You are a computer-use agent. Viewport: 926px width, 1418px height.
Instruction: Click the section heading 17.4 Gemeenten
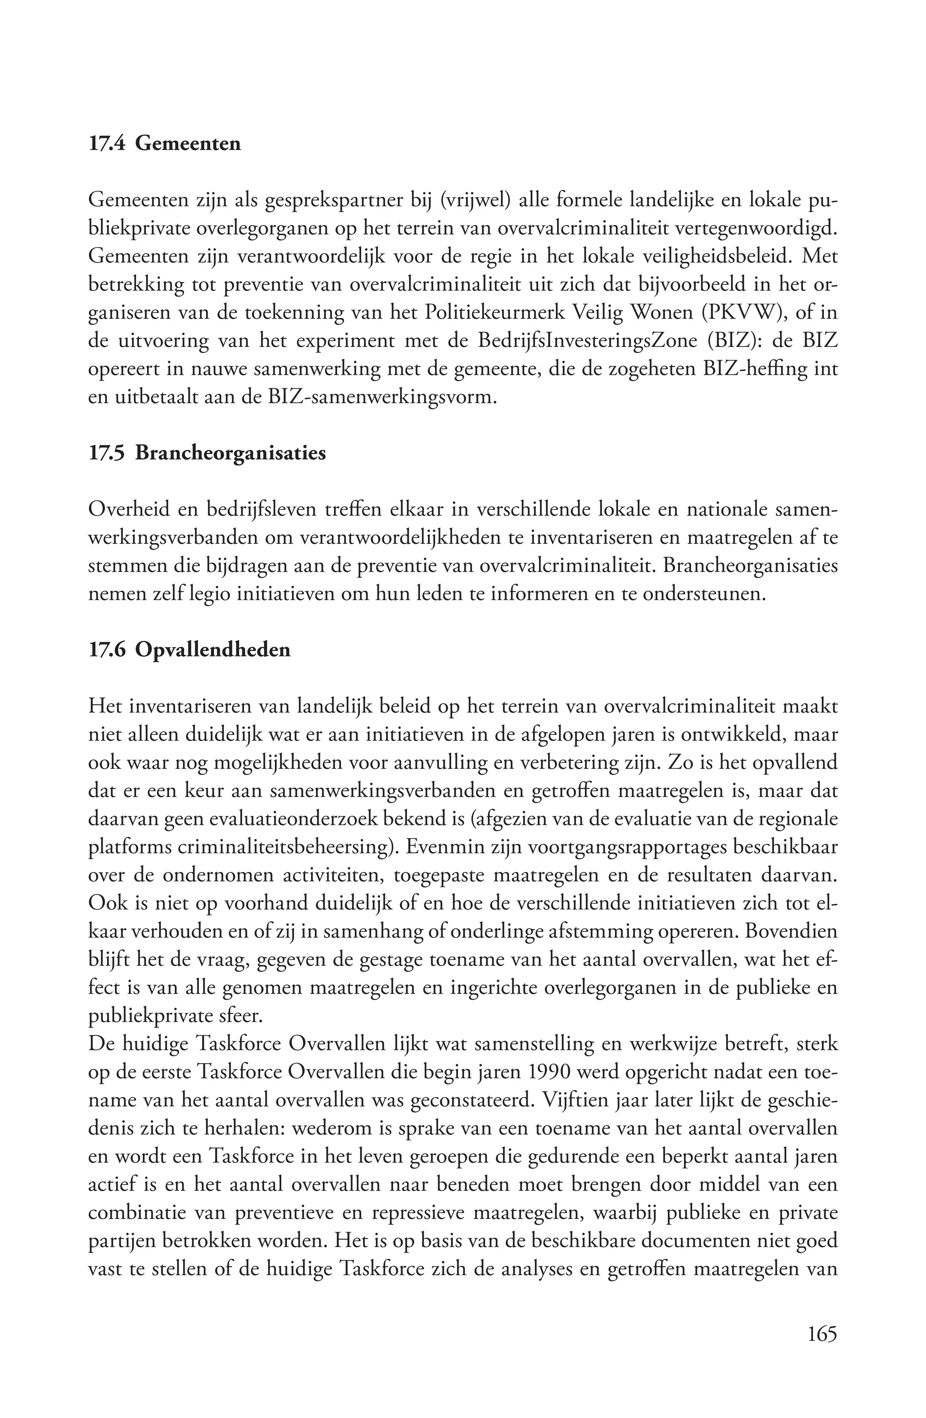[165, 144]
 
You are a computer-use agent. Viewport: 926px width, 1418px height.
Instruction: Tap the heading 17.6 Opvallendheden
[189, 650]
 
